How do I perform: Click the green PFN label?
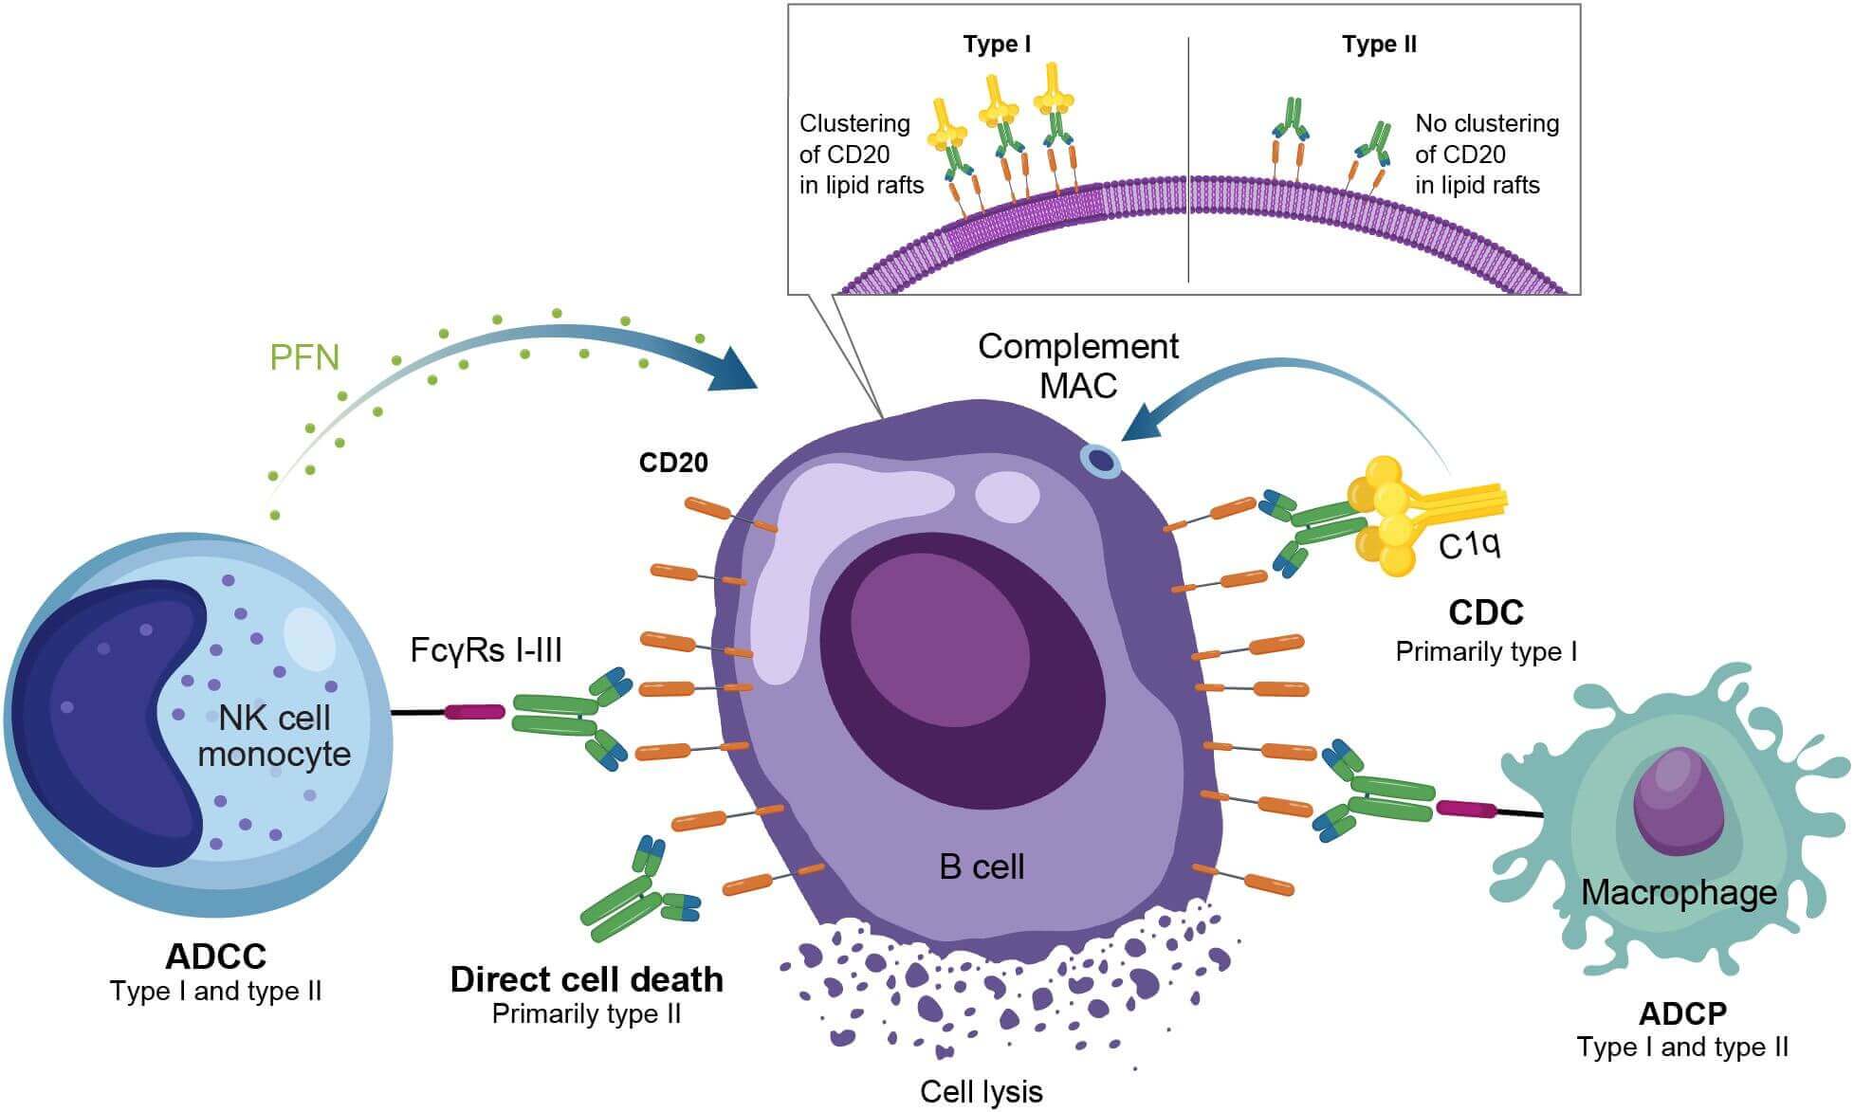(x=304, y=357)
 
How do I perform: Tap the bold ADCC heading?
(x=216, y=957)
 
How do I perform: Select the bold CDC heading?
(x=1485, y=612)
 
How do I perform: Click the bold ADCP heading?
(x=1682, y=1013)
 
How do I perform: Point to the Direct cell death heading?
(x=586, y=979)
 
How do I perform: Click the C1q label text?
(x=1469, y=545)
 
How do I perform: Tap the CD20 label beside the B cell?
(x=673, y=463)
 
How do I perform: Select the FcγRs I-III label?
(x=486, y=650)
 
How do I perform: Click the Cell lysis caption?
(x=981, y=1092)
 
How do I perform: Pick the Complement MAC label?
(x=1078, y=366)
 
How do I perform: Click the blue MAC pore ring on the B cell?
(x=1101, y=461)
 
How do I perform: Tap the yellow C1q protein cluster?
(x=1387, y=517)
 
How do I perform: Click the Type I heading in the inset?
(x=997, y=45)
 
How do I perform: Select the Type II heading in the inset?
(x=1379, y=45)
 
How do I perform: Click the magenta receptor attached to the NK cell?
(x=475, y=712)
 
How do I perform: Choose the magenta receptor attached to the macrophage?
(x=1465, y=809)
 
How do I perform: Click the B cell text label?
(x=982, y=866)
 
